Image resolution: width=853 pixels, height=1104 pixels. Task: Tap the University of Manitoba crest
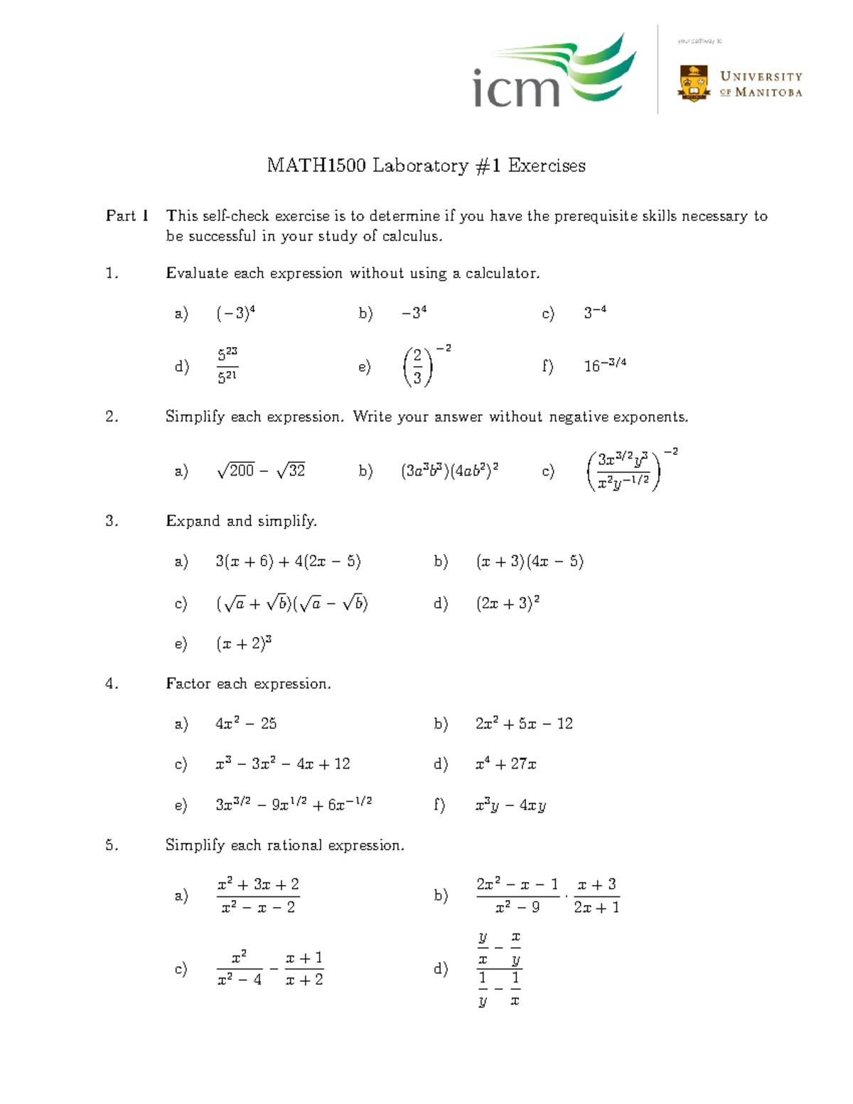pos(694,83)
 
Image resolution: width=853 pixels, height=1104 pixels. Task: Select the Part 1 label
pos(127,216)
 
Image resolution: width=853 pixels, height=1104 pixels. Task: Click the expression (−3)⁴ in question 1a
pos(235,313)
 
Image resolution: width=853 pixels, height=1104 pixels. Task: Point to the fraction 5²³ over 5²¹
pos(227,365)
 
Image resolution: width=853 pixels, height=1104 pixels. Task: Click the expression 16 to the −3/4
pos(605,365)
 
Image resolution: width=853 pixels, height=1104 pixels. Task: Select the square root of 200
pos(235,471)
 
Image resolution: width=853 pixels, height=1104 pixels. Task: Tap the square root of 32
pos(291,471)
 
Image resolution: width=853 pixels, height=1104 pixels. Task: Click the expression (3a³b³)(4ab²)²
pos(449,471)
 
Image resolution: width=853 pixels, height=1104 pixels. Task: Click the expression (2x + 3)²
pos(508,604)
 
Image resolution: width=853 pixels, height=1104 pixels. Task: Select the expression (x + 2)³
pos(244,644)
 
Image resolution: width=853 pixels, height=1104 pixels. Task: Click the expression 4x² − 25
pos(246,724)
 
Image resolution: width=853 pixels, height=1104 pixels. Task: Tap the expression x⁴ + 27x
pos(505,764)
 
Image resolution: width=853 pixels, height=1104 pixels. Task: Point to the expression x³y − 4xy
pos(510,805)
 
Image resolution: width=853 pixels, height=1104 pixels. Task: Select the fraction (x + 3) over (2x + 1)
pos(596,896)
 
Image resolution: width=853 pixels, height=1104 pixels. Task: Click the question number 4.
pos(111,684)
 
